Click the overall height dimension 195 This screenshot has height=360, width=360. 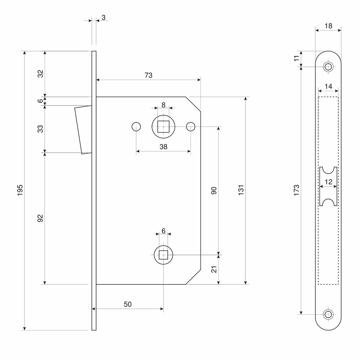pos(20,190)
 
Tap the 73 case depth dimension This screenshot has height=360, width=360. pos(148,75)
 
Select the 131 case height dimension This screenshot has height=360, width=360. pos(241,190)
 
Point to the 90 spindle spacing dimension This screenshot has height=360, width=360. pos(213,191)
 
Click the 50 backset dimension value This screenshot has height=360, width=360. pos(127,304)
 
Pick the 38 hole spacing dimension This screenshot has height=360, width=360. pos(163,147)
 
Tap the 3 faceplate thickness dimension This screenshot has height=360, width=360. pos(103,17)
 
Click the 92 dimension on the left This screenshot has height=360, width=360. pos(40,218)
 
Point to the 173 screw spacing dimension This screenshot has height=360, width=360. pos(296,190)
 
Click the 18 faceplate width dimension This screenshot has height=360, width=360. pos(328,26)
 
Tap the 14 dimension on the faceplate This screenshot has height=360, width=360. pos(328,86)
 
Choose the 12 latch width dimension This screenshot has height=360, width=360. pos(328,182)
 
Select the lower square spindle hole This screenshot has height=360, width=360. pos(163,255)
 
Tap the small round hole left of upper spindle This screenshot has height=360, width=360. pos(136,127)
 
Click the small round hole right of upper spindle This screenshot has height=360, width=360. pos(191,127)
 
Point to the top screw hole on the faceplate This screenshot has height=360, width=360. pos(328,67)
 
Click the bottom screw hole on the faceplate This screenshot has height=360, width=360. pos(328,314)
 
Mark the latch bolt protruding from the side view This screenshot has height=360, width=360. pos(82,130)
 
